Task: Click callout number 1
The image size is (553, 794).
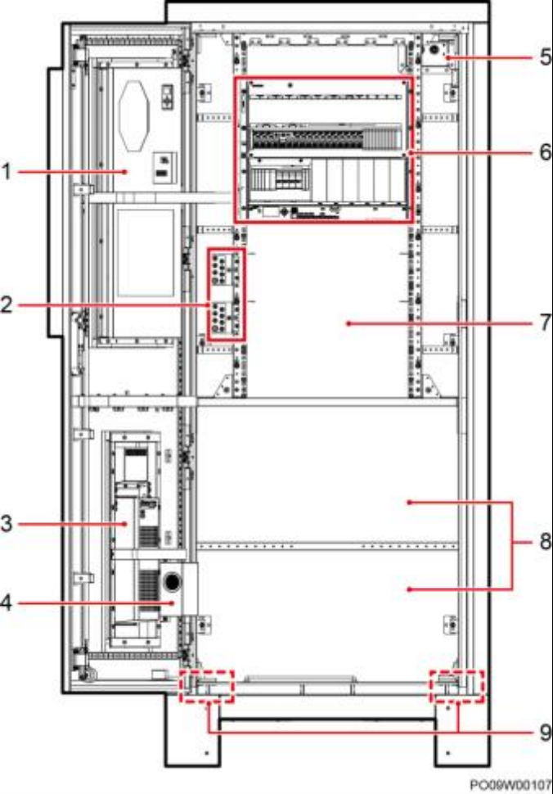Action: click(6, 172)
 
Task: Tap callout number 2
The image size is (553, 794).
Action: click(6, 305)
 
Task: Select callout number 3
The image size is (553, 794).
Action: click(6, 524)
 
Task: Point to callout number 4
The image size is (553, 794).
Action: click(6, 603)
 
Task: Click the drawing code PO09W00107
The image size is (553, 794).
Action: click(510, 784)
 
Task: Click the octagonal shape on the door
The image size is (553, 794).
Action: click(134, 116)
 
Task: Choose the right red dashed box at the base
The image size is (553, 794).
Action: click(456, 686)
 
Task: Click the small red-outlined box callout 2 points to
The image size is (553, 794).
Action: click(226, 294)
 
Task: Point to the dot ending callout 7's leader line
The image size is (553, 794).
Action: click(348, 323)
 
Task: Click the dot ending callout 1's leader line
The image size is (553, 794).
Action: click(125, 172)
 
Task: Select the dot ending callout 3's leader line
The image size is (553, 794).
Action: click(127, 524)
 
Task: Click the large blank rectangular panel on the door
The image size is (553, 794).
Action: click(146, 251)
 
